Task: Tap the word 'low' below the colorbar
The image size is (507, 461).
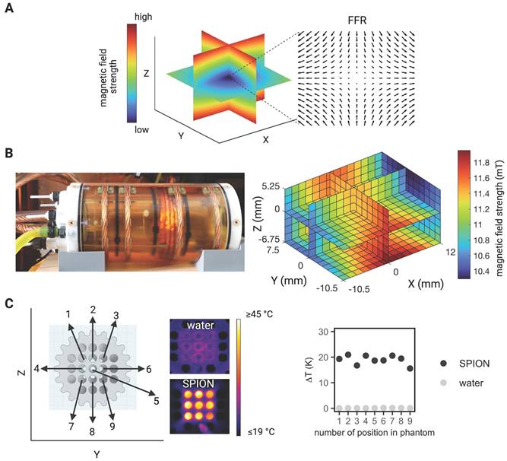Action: (x=143, y=130)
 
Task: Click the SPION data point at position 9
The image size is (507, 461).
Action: (x=411, y=369)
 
